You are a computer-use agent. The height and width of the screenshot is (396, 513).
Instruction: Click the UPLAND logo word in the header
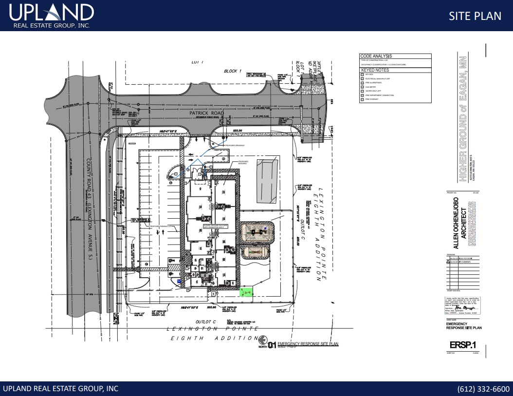click(51, 13)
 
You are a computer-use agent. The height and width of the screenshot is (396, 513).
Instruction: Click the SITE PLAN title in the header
click(475, 16)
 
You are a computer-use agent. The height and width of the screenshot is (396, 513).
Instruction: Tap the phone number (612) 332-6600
click(483, 389)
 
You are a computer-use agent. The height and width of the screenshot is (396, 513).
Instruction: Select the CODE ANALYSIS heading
click(376, 57)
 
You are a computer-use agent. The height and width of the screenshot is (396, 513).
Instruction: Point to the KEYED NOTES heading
click(375, 70)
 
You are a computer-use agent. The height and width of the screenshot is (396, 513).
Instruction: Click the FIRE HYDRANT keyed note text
click(372, 99)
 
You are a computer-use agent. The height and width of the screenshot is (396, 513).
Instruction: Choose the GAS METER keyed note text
click(371, 87)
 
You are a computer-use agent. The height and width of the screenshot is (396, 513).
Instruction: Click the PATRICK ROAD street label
click(207, 113)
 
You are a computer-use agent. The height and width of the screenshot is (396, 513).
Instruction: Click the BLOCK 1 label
click(232, 71)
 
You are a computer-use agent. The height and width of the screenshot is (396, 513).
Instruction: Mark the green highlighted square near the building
click(247, 292)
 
